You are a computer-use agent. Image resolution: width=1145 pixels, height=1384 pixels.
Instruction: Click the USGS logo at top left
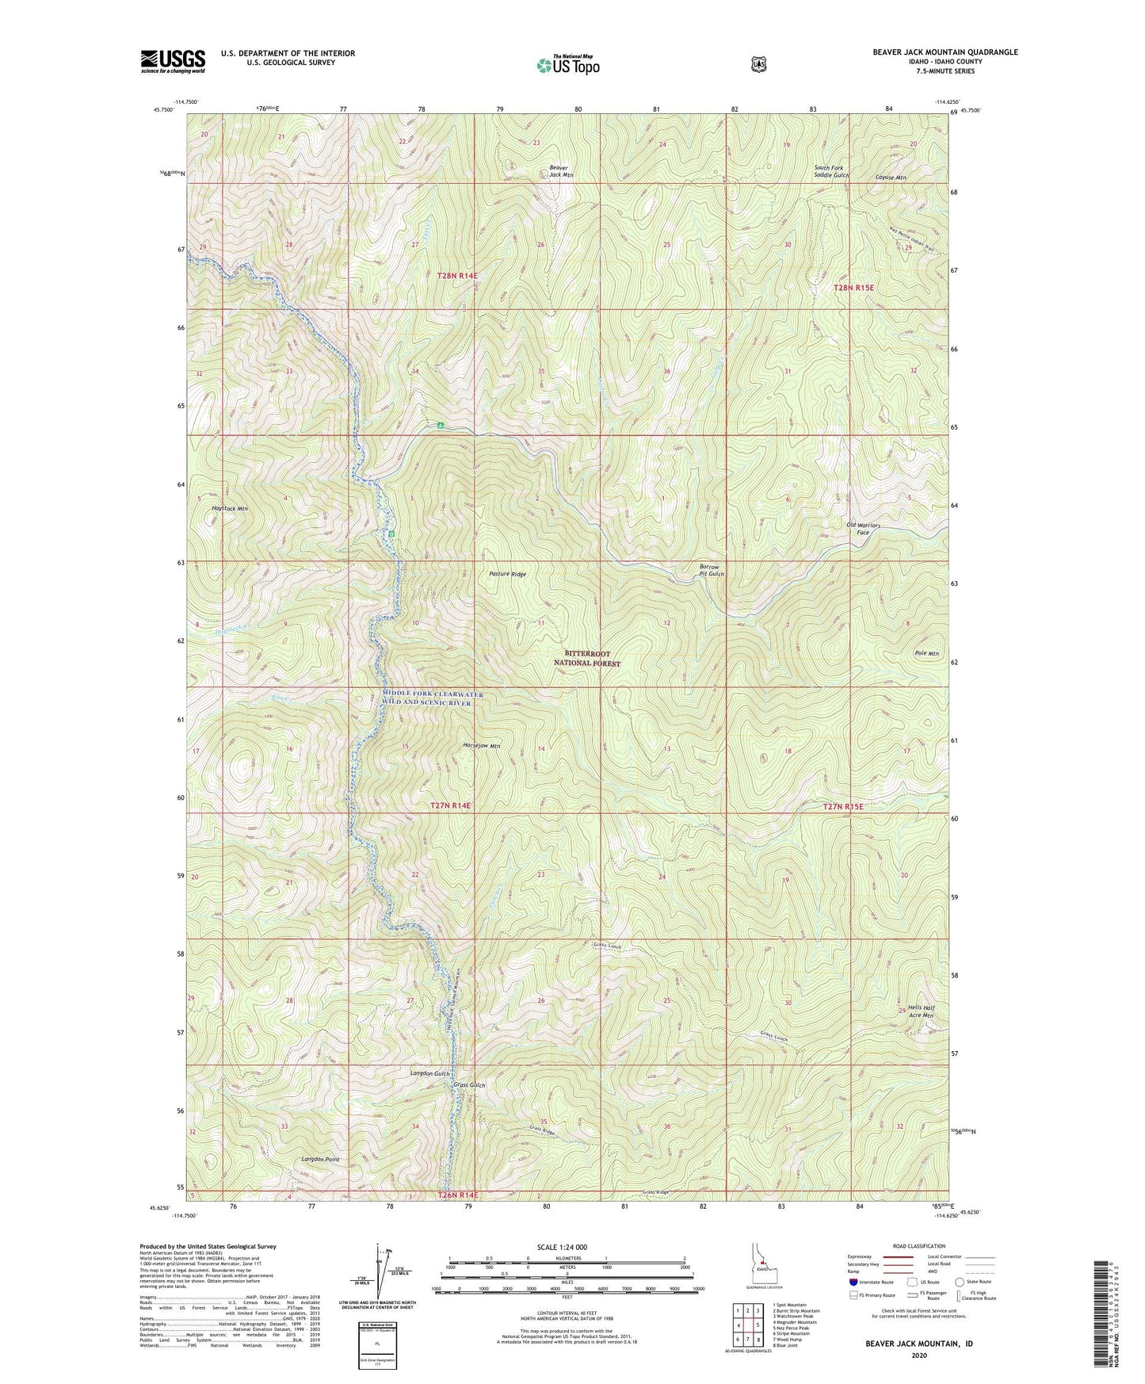click(173, 61)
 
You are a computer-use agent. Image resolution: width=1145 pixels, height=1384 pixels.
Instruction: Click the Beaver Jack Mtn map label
click(561, 170)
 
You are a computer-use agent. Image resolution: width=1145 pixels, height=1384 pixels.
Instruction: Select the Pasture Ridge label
click(507, 574)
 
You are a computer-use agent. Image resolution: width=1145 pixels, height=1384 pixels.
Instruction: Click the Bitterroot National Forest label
click(586, 659)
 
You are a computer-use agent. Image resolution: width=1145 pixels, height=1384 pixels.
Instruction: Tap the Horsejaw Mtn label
click(482, 746)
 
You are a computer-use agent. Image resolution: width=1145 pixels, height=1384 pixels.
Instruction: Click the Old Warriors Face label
click(863, 529)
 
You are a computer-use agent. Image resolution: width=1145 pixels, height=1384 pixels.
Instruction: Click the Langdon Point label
click(320, 1160)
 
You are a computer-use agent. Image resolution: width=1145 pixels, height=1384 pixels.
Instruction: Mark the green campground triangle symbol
click(440, 426)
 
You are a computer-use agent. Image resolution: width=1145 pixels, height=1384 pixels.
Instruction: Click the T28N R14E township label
click(457, 276)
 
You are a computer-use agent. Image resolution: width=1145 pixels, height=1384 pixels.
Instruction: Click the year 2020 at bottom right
click(919, 1355)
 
